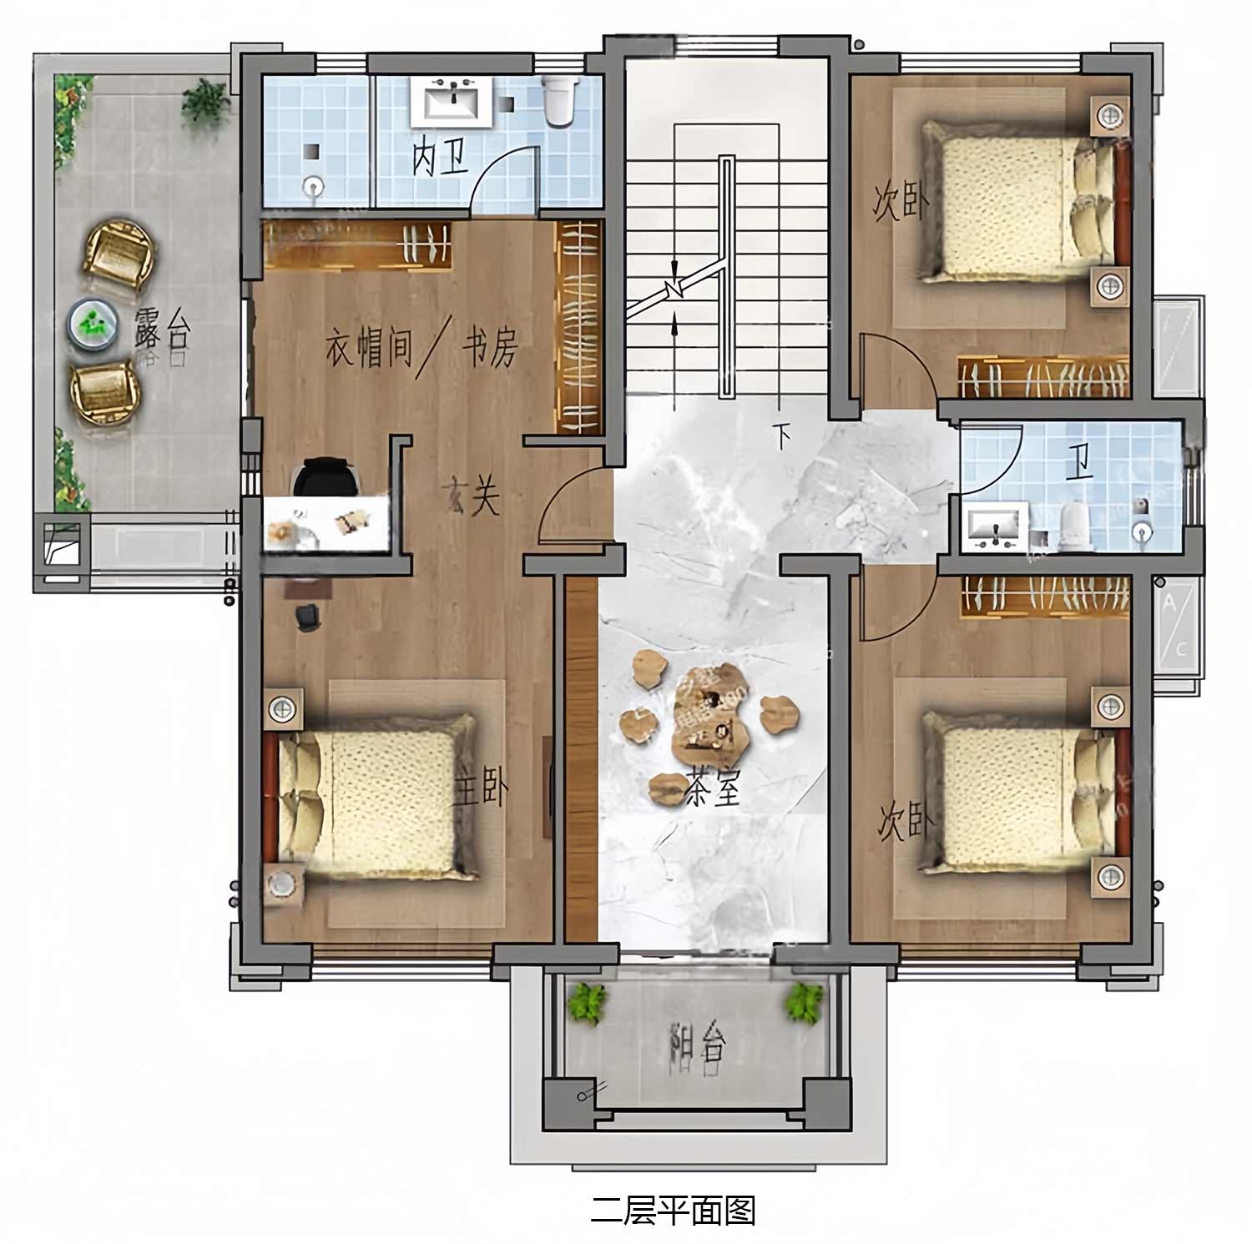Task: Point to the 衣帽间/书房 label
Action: (x=422, y=346)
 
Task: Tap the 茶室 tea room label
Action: (x=714, y=787)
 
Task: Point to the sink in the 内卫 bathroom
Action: (x=452, y=102)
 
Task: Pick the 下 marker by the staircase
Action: (x=781, y=435)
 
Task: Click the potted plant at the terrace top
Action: (x=205, y=101)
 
